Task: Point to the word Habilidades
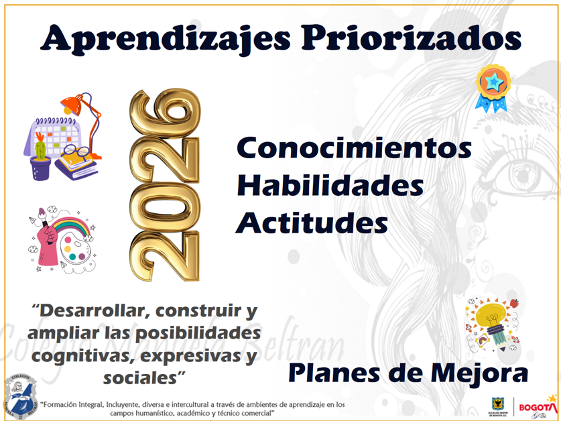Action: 330,184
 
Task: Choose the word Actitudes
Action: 312,222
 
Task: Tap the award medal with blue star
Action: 493,87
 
